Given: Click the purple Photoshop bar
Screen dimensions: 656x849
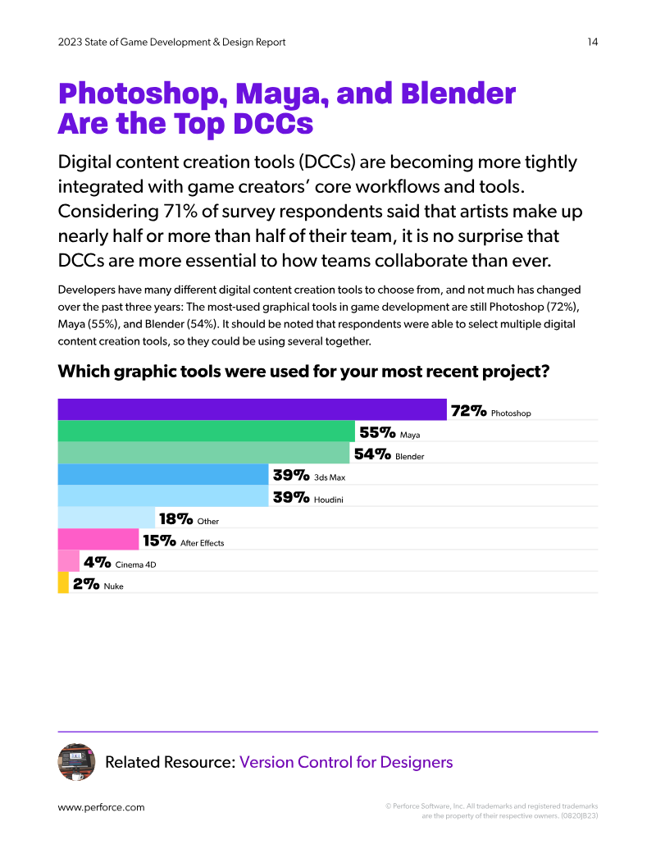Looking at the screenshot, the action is pyautogui.click(x=253, y=409).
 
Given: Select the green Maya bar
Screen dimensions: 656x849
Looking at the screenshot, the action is pyautogui.click(x=206, y=431).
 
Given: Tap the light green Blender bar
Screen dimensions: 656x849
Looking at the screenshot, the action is pyautogui.click(x=203, y=453).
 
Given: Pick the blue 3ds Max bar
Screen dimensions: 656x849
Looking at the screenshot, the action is pyautogui.click(x=163, y=474).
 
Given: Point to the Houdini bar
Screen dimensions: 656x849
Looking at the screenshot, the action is pyautogui.click(x=163, y=496).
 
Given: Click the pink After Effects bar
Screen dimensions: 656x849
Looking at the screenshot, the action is pyautogui.click(x=98, y=539).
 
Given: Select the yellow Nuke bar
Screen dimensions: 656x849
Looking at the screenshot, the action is pyautogui.click(x=63, y=582).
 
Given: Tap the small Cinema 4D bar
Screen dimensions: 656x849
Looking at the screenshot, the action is pyautogui.click(x=69, y=561).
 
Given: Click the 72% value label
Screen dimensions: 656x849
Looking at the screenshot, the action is pyautogui.click(x=469, y=411).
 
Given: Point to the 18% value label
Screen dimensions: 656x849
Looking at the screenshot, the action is pyautogui.click(x=176, y=519).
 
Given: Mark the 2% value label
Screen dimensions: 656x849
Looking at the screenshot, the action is pyautogui.click(x=86, y=584).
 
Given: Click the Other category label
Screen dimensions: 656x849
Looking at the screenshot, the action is pyautogui.click(x=207, y=522).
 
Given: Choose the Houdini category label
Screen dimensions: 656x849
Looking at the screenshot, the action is pyautogui.click(x=329, y=500).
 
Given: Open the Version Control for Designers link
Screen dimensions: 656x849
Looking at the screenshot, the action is pyautogui.click(x=346, y=762).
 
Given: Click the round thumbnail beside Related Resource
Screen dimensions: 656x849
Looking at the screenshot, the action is pyautogui.click(x=76, y=762).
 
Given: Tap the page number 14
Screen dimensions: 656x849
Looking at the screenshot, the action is pyautogui.click(x=593, y=42).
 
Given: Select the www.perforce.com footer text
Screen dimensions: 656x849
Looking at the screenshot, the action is pyautogui.click(x=101, y=807).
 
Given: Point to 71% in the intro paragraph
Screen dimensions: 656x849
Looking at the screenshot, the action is pyautogui.click(x=180, y=211).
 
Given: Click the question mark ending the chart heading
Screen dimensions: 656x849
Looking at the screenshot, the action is pyautogui.click(x=544, y=372).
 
